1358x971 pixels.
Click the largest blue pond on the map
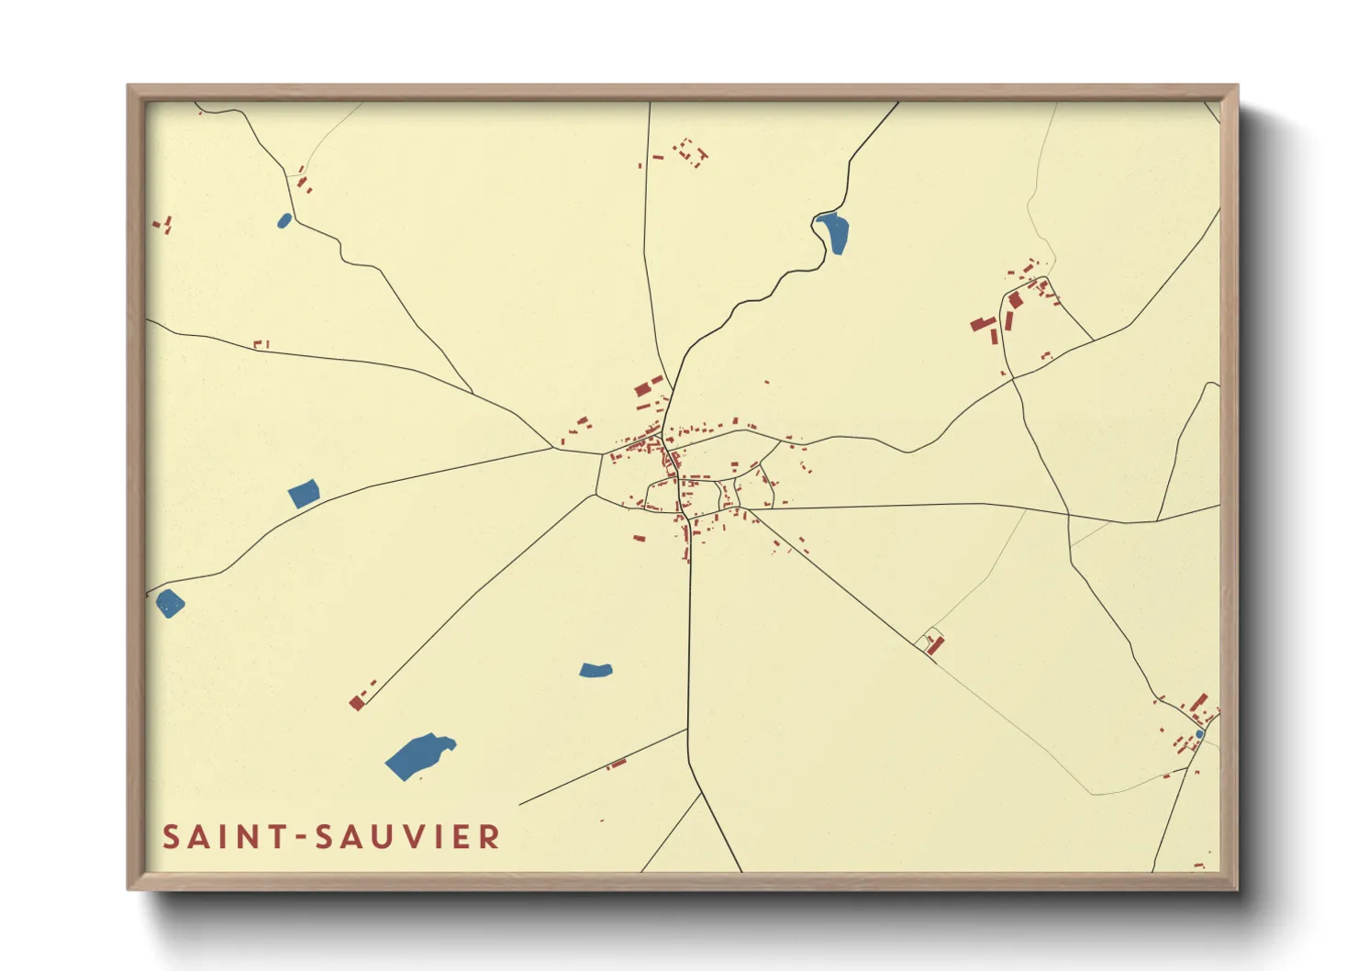[x=417, y=756]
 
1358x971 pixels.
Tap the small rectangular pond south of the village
[x=596, y=670]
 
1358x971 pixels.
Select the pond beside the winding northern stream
[x=834, y=233]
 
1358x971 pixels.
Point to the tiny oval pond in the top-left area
[x=284, y=220]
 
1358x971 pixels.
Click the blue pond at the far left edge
[x=170, y=603]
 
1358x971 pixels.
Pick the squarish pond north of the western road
[x=304, y=493]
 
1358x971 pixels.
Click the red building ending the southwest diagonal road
[x=357, y=703]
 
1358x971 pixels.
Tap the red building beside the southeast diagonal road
[x=935, y=645]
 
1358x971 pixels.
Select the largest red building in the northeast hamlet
[x=984, y=324]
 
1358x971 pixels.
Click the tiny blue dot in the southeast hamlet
[x=1198, y=734]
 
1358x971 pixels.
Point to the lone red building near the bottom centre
[x=618, y=763]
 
